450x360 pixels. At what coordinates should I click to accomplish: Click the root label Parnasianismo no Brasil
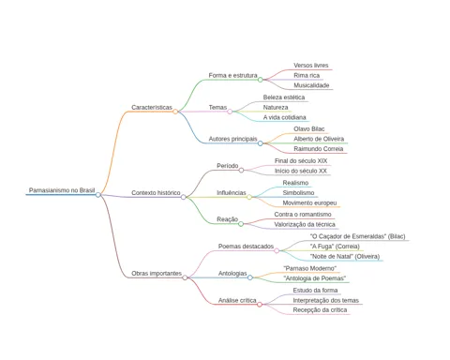[x=62, y=190]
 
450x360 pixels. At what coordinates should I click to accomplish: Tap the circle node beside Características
[x=175, y=112]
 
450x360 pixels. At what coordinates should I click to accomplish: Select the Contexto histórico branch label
[x=156, y=193]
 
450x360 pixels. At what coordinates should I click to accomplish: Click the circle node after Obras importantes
[x=185, y=277]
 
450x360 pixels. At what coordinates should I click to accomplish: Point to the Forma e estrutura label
[x=233, y=75]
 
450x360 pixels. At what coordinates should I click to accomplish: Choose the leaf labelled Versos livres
[x=311, y=66]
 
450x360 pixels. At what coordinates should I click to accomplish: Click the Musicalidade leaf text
[x=311, y=85]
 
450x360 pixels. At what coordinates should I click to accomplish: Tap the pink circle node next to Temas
[x=230, y=112]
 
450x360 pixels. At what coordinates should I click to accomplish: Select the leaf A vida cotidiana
[x=284, y=117]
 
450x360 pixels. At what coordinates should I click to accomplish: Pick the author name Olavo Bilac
[x=309, y=129]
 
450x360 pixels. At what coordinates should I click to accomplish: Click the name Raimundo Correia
[x=319, y=149]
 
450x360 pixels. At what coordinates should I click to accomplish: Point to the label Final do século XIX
[x=301, y=161]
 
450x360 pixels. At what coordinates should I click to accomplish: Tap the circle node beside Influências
[x=249, y=197]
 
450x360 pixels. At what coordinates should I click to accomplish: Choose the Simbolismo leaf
[x=298, y=193]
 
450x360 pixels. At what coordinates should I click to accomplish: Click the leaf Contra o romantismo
[x=303, y=215]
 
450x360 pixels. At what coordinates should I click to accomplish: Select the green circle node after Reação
[x=241, y=224]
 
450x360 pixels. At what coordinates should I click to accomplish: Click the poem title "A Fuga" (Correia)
[x=335, y=247]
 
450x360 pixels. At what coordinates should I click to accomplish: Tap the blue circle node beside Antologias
[x=250, y=277]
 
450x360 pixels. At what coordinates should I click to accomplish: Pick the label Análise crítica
[x=237, y=300]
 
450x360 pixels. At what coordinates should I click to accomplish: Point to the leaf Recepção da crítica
[x=320, y=310]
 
